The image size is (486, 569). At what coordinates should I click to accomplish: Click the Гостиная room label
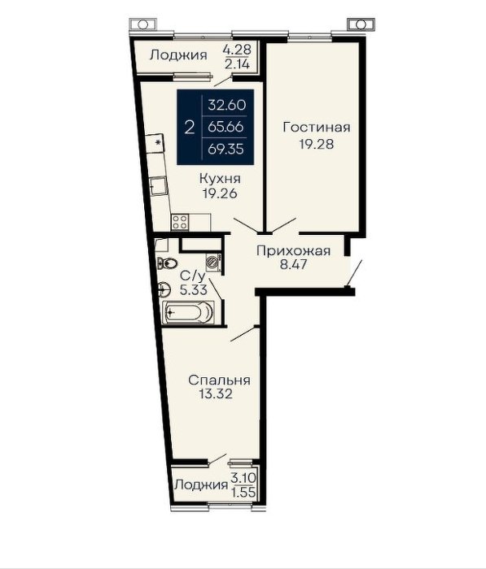[x=317, y=128]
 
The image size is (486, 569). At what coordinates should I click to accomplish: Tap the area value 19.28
[x=317, y=144]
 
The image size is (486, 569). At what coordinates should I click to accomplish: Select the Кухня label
[x=220, y=179]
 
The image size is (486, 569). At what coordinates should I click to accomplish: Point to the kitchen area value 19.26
[x=220, y=193]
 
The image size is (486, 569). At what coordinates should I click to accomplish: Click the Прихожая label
[x=293, y=251]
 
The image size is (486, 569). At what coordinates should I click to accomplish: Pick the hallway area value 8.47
[x=293, y=264]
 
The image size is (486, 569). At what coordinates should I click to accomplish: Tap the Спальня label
[x=219, y=380]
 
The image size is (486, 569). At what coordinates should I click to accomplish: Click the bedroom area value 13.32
[x=216, y=393]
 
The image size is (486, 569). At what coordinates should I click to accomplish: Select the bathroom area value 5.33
[x=194, y=289]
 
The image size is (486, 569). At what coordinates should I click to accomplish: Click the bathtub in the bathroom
[x=188, y=311]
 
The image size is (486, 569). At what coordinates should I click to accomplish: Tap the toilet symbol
[x=167, y=263]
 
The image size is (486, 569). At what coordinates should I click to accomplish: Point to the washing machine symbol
[x=213, y=263]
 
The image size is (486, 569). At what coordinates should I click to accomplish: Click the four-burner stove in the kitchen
[x=180, y=222]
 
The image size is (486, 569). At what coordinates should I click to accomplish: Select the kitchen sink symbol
[x=158, y=186]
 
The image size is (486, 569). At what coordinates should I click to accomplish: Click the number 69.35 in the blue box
[x=225, y=149]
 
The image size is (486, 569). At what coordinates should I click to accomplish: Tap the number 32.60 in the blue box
[x=227, y=105]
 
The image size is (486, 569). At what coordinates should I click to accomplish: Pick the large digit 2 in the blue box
[x=190, y=128]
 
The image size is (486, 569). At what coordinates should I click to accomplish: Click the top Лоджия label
[x=178, y=55]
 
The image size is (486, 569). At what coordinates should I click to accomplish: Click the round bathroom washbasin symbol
[x=164, y=289]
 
